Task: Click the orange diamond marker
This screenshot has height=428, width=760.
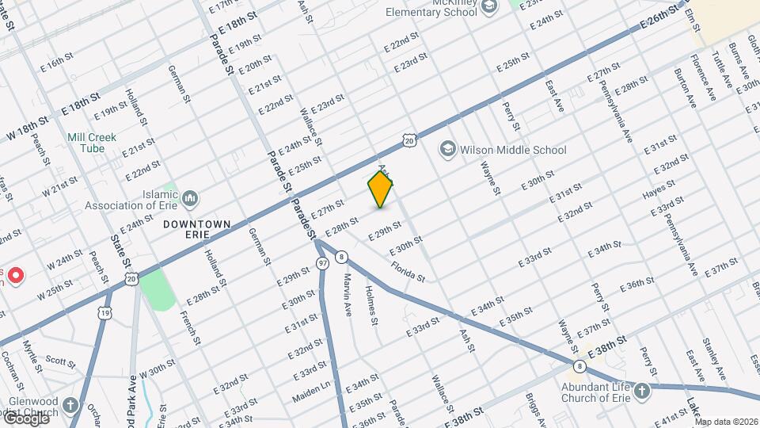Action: click(x=381, y=189)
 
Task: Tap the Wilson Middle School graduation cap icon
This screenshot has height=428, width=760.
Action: click(x=449, y=150)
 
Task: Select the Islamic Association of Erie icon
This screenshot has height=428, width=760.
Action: click(x=190, y=197)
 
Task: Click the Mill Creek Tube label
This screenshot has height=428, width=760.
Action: click(x=92, y=143)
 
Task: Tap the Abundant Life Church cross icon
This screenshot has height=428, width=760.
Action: click(x=641, y=390)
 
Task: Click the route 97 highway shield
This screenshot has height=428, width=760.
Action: click(x=322, y=262)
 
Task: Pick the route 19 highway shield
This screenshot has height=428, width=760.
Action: click(x=105, y=292)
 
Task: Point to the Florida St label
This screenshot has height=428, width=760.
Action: click(x=408, y=272)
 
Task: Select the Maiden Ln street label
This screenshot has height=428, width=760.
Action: click(x=312, y=384)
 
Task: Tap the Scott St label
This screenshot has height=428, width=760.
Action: click(x=59, y=361)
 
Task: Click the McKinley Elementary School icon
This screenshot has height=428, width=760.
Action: click(x=490, y=6)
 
